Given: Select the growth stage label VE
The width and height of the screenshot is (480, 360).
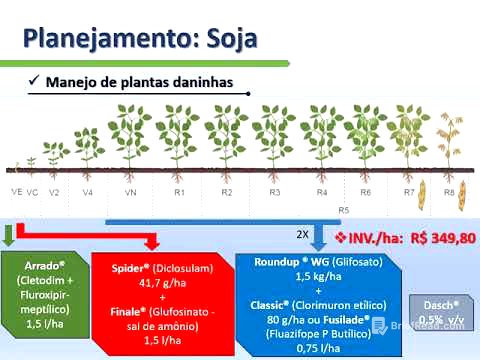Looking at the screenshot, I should click(x=16, y=190).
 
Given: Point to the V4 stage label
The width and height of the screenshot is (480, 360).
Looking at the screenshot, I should click(x=89, y=191).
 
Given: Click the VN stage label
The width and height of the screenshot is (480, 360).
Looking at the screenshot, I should click(x=130, y=191).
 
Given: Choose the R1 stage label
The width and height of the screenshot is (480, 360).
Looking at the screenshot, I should click(x=179, y=191).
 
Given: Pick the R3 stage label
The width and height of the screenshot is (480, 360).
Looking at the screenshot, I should click(x=275, y=191).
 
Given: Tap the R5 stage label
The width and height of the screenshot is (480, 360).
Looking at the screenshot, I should click(x=344, y=210).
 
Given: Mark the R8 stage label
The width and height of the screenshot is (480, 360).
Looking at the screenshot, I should click(x=449, y=191).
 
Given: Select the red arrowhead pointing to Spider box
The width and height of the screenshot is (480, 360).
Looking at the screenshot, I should click(x=151, y=242).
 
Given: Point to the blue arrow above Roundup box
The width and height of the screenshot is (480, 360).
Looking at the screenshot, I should click(x=319, y=238).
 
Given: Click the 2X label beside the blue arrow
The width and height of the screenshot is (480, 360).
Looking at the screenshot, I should click(x=301, y=233).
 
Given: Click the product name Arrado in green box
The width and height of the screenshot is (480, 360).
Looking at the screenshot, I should click(x=47, y=268).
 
